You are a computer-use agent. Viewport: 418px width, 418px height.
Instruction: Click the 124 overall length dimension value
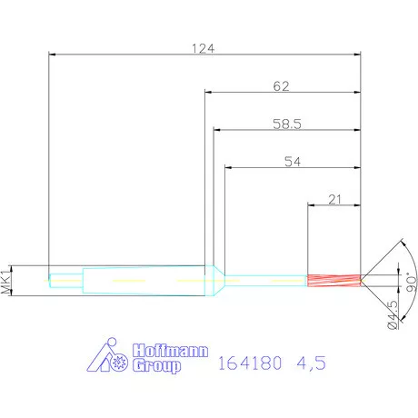click(204, 48)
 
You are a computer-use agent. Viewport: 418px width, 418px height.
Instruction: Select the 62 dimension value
click(281, 86)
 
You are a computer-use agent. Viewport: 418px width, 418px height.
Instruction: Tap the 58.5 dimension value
click(287, 124)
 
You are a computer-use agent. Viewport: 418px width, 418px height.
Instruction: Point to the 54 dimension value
click(293, 162)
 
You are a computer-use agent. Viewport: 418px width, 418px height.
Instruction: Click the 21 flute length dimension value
click(334, 200)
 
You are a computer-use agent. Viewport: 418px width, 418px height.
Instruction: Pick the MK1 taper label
click(5, 280)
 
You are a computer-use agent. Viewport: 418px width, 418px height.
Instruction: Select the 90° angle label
click(412, 284)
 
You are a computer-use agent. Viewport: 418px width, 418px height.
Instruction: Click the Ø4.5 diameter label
click(393, 314)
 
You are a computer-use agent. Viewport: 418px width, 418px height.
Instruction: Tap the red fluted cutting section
click(333, 281)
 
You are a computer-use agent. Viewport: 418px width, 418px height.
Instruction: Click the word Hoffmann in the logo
click(170, 351)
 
